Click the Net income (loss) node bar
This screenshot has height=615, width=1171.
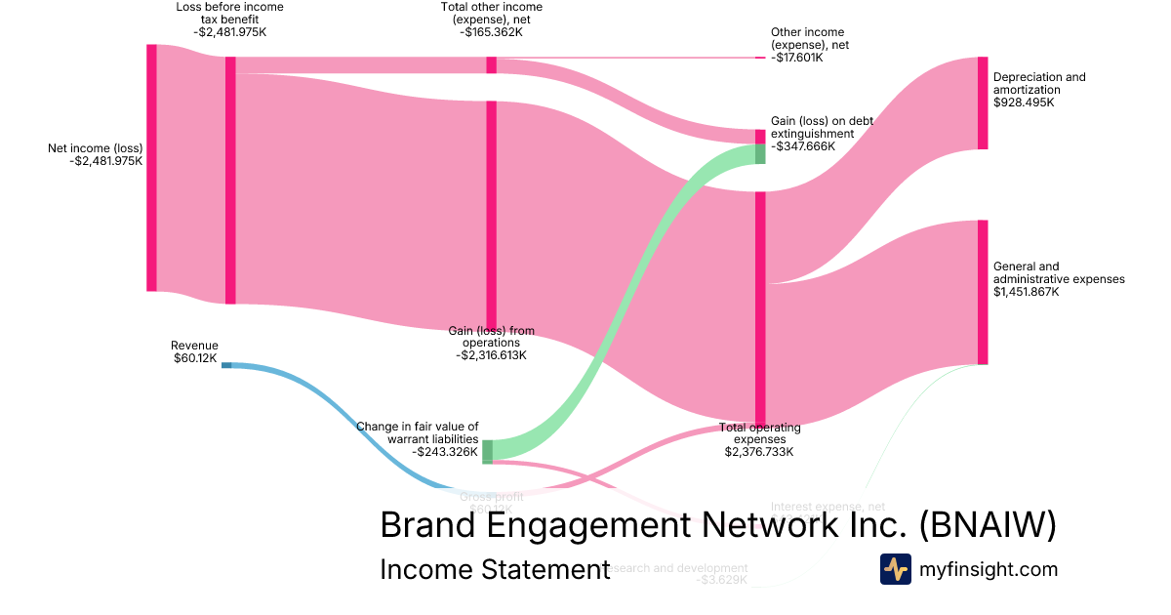coord(151,168)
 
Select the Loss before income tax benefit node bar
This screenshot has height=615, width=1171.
coord(230,181)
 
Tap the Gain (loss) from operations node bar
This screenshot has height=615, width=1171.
coord(491,215)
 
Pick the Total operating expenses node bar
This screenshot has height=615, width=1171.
coord(760,307)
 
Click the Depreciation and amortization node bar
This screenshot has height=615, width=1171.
coord(983,102)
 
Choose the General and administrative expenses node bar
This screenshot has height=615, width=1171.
coord(983,292)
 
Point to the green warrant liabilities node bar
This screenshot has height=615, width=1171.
coord(487,450)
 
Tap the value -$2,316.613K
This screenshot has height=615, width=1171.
coord(491,356)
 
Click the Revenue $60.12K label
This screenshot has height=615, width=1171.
coord(194,351)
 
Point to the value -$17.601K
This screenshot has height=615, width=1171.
coord(796,58)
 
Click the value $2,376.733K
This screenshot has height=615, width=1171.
coord(759,452)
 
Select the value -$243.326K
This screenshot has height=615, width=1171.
coord(445,452)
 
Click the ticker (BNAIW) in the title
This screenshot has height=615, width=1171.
coord(988,525)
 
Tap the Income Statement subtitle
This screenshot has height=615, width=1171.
coord(494,569)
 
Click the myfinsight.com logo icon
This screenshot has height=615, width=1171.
coord(895,569)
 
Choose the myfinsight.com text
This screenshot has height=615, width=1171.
coord(989,569)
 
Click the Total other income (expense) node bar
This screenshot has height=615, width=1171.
coord(491,65)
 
